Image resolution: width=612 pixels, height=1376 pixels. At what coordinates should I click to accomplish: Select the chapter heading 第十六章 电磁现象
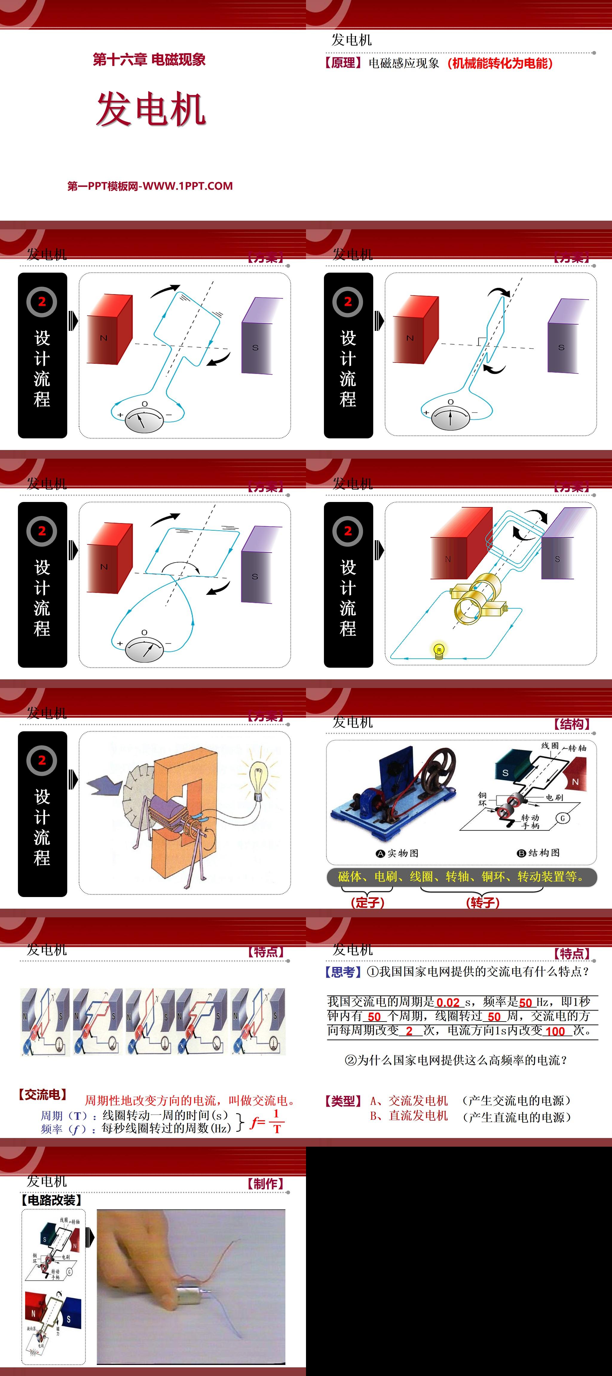click(x=149, y=60)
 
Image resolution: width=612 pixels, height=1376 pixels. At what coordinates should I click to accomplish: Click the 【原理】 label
click(x=343, y=63)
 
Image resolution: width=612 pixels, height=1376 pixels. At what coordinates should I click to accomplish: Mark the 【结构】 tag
click(x=572, y=724)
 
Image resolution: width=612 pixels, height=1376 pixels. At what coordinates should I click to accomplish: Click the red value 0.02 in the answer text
click(x=448, y=1002)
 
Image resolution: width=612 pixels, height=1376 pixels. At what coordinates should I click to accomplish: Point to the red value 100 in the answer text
click(x=555, y=1031)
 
